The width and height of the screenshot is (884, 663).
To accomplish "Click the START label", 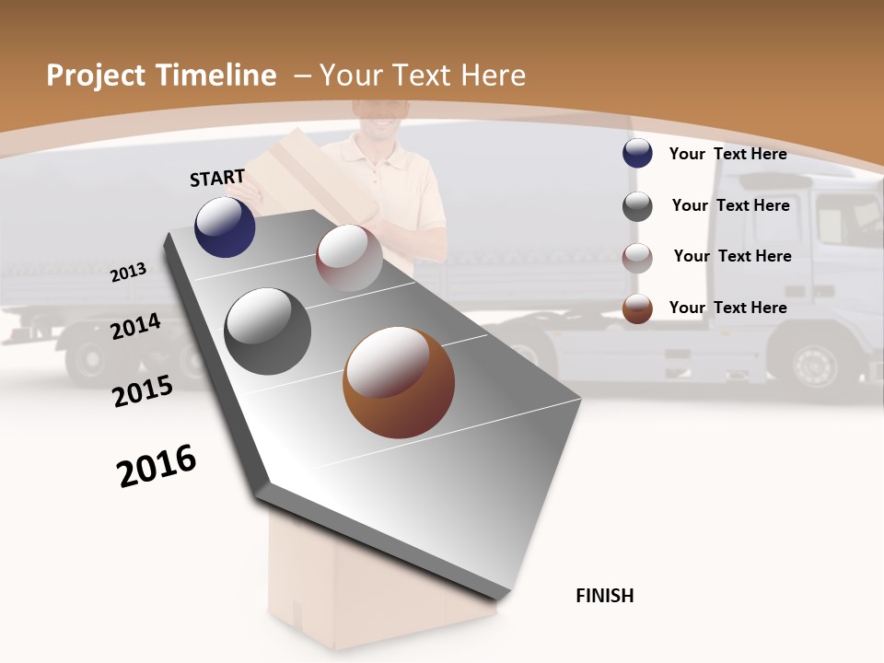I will [217, 178].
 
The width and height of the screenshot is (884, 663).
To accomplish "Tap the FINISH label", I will [604, 596].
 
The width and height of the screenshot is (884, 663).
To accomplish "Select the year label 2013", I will [129, 273].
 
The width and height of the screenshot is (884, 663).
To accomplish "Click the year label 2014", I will [136, 326].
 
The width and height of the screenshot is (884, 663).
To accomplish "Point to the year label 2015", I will [143, 391].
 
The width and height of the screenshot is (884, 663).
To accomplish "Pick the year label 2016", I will [157, 466].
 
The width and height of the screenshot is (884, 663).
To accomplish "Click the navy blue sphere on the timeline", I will [225, 227].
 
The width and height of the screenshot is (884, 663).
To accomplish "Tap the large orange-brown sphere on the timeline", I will [399, 382].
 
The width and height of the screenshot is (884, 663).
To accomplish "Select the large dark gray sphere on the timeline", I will [268, 331].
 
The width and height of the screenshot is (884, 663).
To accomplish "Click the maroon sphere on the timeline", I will [349, 258].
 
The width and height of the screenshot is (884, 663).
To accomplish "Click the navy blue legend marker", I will [637, 154].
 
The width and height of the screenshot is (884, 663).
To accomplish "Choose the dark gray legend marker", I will [637, 206].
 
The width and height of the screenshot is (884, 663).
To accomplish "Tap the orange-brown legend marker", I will [637, 308].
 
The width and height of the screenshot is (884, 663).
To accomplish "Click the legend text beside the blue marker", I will [727, 154].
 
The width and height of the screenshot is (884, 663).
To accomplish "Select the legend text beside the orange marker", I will [727, 308].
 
